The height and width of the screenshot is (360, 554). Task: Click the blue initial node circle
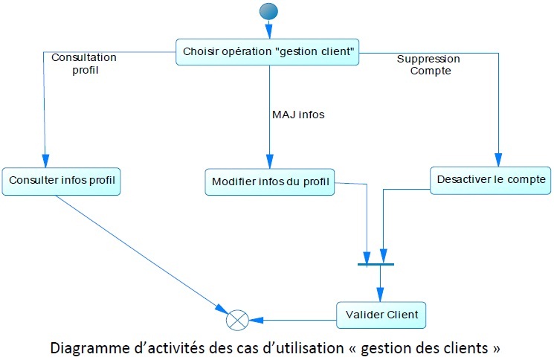268,12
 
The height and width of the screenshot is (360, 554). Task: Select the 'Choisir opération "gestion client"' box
268,51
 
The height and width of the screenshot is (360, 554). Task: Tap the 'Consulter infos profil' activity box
61,181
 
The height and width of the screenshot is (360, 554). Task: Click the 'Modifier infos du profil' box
270,181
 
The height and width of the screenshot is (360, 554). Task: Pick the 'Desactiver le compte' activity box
491,179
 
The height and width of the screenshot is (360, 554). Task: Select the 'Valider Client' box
381,315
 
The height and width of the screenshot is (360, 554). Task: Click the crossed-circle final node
236,321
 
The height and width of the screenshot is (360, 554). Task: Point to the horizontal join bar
375,264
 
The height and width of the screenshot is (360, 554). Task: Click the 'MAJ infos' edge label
297,115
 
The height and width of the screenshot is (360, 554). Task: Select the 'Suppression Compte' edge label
428,65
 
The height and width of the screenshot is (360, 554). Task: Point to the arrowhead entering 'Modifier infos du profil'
270,162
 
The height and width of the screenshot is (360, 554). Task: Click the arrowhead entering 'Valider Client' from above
381,295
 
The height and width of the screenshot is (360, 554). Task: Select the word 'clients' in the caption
466,347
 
